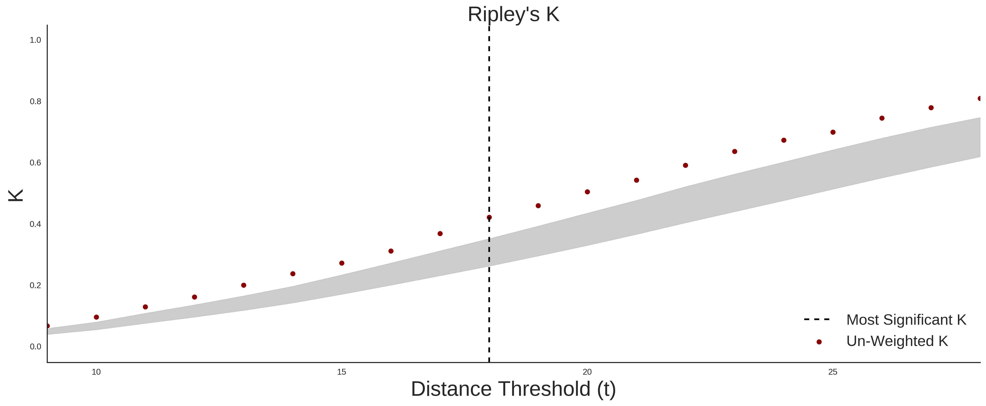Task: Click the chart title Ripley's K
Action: coord(513,14)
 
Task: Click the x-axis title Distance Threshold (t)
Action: coord(513,389)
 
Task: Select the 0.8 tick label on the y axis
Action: coord(35,102)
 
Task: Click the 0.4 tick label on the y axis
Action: coord(35,224)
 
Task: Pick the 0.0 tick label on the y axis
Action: coord(35,347)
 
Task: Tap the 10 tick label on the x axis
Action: coord(96,372)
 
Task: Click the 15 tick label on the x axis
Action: coord(342,372)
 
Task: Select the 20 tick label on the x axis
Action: coord(587,372)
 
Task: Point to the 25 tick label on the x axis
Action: coord(833,372)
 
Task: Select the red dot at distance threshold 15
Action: coord(342,263)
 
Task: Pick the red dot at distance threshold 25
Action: coord(833,132)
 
